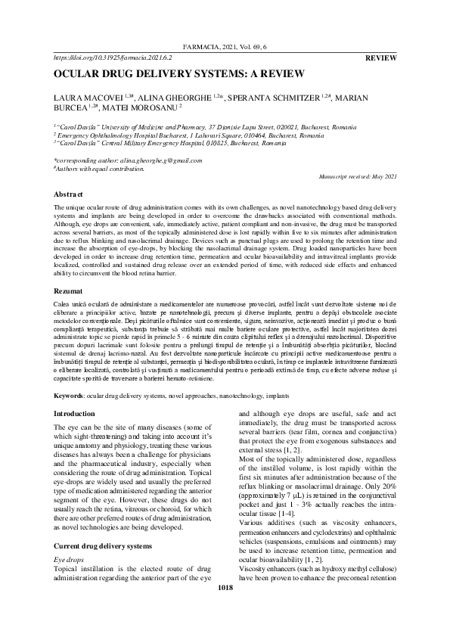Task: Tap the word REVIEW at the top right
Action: (381, 57)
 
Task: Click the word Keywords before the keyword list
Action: (68, 396)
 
